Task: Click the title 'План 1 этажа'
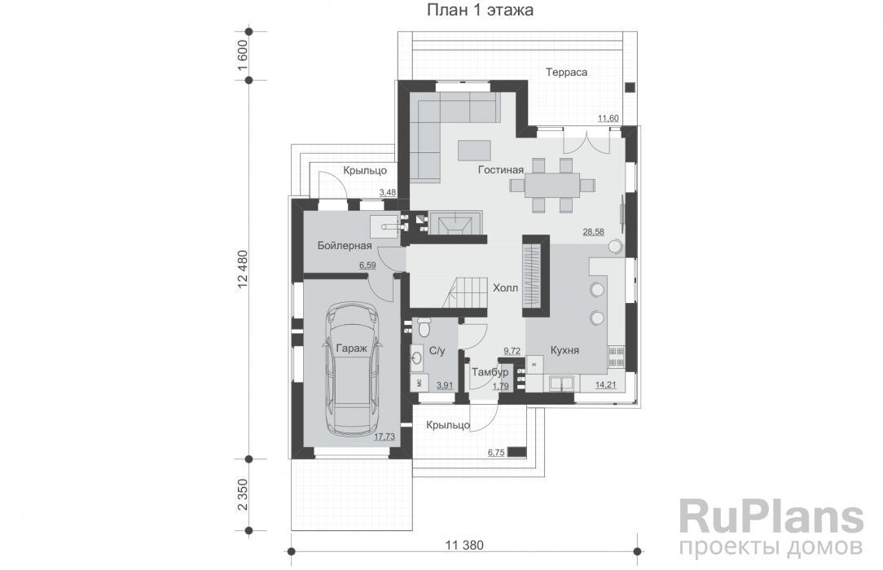[480, 10]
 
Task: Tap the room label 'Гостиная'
[501, 170]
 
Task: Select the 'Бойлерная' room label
[344, 246]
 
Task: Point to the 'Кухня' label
[565, 350]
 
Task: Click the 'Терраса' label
[566, 72]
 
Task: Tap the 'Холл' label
[505, 288]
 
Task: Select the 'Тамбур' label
[490, 372]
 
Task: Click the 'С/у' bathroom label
[437, 351]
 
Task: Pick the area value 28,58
[593, 231]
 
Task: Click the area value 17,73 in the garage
[384, 436]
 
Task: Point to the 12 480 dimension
[242, 269]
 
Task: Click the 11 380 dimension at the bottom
[464, 545]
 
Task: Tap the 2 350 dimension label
[242, 494]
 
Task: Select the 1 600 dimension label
[242, 55]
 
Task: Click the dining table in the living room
[552, 185]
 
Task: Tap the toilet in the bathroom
[424, 327]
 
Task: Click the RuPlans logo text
[771, 516]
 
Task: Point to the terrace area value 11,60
[608, 118]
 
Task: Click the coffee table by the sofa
[474, 151]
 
